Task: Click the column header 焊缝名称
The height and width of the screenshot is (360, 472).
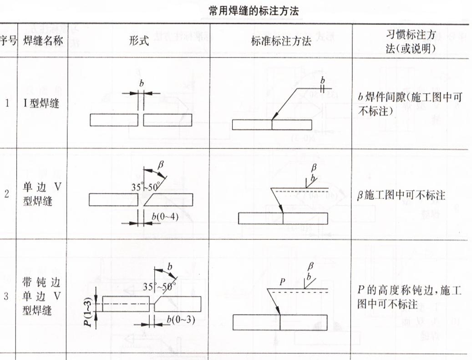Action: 42,41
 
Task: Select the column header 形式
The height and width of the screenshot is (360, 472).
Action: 139,41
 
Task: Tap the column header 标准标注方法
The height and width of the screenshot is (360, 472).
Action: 281,41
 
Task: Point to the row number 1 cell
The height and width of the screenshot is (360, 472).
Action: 7,103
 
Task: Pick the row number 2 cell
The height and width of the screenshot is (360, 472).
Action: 7,194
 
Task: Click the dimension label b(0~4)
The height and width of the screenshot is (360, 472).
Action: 165,216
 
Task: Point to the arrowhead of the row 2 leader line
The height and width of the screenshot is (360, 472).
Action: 282,210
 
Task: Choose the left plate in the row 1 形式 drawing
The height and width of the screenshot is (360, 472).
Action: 114,120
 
